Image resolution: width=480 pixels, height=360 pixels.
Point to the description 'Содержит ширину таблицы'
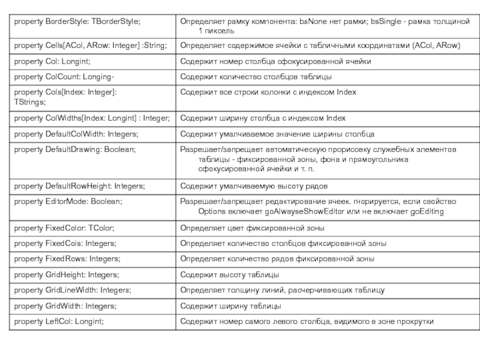[x=231, y=306]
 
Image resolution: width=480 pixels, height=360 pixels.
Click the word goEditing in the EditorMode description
[x=424, y=212]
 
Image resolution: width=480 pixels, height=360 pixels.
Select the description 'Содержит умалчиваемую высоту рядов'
[x=254, y=186]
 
